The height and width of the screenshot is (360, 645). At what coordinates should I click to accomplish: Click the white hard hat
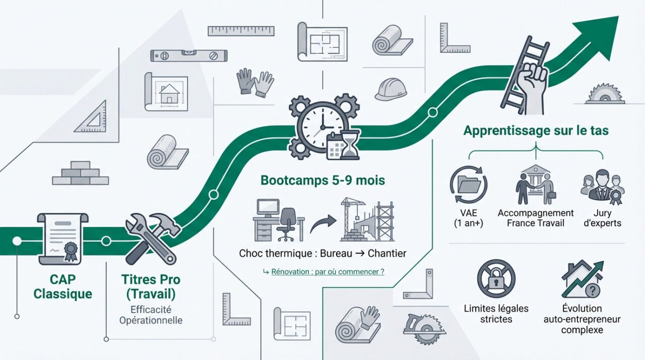tap(391, 89)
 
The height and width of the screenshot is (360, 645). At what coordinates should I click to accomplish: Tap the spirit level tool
tap(188, 55)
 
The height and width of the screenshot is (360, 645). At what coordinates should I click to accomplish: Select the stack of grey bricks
tap(81, 173)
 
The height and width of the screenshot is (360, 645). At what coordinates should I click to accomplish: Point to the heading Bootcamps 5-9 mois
tap(322, 181)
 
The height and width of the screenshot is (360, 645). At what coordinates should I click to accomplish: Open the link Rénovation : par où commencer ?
tap(328, 272)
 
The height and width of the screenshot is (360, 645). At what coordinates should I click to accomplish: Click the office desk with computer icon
tap(278, 221)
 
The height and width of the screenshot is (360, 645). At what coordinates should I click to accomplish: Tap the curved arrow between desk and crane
tap(322, 223)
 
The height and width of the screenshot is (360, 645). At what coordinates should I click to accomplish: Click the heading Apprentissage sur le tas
tap(536, 131)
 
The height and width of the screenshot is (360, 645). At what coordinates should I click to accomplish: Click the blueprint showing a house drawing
tap(166, 92)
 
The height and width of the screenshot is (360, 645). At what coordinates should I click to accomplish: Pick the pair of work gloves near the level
tap(255, 82)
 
